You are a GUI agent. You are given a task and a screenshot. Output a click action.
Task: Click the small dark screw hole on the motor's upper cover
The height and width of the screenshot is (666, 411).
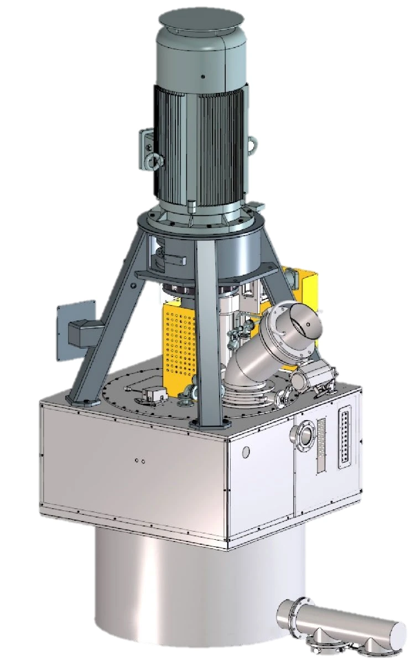(x=202, y=76)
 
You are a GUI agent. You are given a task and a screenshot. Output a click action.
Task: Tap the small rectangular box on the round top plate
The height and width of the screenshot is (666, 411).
(x=152, y=394)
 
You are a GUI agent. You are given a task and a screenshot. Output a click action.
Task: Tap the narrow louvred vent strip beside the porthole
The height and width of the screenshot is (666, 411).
(x=322, y=445)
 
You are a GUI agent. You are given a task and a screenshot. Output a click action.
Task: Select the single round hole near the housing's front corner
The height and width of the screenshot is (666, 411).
(x=246, y=452)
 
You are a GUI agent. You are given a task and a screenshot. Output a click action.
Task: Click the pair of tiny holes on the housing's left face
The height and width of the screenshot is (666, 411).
(x=140, y=461)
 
